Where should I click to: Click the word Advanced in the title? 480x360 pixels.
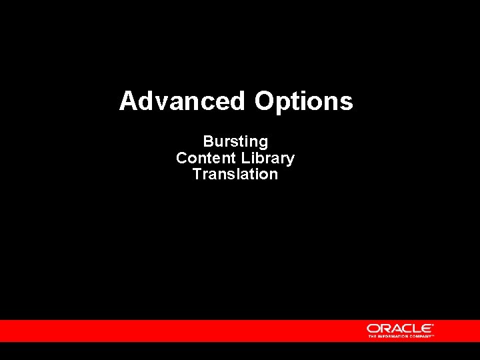click(182, 101)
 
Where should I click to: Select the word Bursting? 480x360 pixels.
click(235, 142)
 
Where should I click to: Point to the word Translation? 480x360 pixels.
click(235, 175)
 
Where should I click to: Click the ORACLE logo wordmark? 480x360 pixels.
click(400, 328)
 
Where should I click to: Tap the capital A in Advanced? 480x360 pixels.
click(128, 101)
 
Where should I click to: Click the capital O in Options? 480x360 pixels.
click(264, 101)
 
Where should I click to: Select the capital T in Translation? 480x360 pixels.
click(197, 175)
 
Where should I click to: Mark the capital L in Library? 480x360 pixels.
click(245, 159)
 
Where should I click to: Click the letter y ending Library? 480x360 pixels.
click(290, 161)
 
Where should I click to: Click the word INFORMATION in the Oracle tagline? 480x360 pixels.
click(393, 337)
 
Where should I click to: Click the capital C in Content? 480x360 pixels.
click(181, 159)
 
